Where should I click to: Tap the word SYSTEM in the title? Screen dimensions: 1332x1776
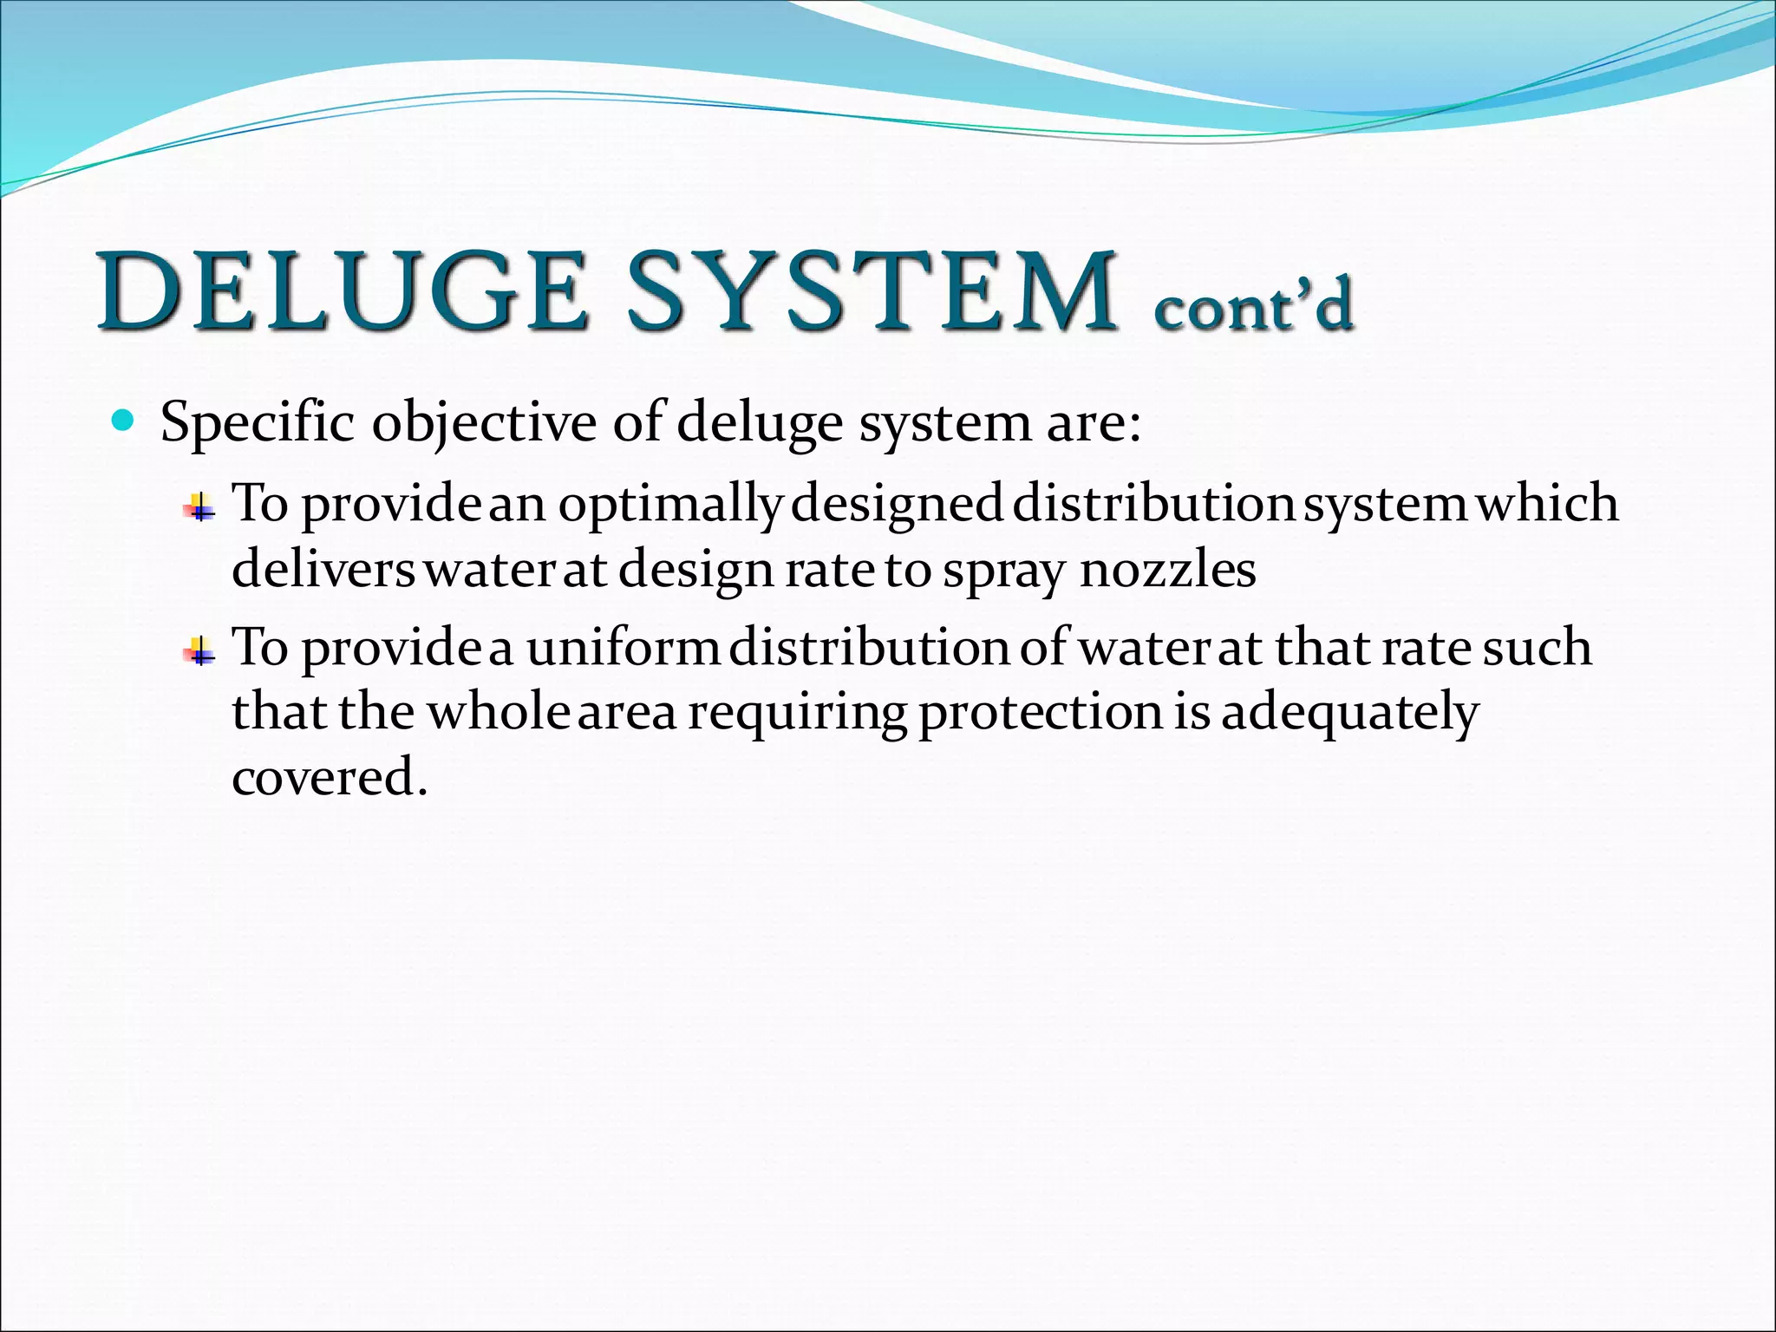[x=871, y=291]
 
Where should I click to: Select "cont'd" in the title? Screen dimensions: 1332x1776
[x=1252, y=305]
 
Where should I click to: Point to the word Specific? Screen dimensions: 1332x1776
[x=258, y=424]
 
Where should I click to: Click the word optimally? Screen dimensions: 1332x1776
[x=670, y=505]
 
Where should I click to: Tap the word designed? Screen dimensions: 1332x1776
[x=898, y=505]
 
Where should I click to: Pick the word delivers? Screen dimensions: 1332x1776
[x=323, y=570]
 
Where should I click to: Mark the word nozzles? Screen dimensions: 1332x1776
[x=1167, y=570]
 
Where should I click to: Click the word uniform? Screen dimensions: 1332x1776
[x=624, y=648]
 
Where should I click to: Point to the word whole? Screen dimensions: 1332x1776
[x=499, y=712]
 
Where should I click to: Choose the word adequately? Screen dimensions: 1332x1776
[x=1349, y=713]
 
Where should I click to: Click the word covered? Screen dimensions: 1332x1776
[x=330, y=777]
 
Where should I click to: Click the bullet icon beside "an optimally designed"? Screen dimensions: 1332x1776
[x=200, y=507]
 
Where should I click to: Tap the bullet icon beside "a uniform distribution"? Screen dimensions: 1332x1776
[x=200, y=651]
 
